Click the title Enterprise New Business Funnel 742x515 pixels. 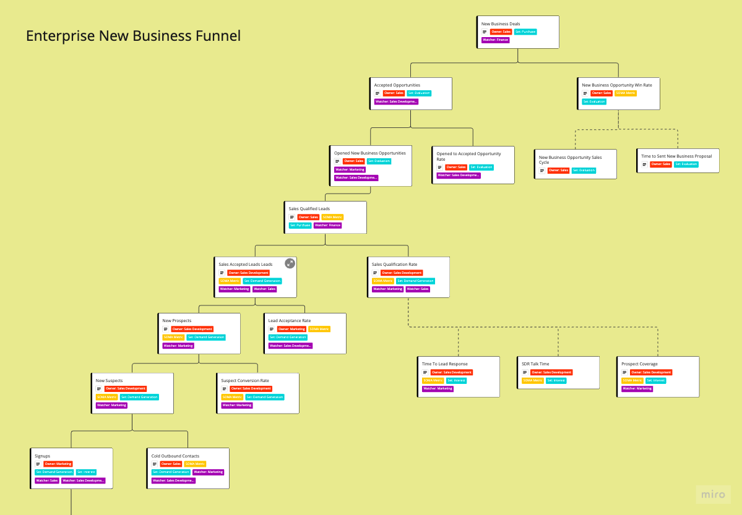click(133, 36)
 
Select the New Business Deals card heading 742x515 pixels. click(501, 24)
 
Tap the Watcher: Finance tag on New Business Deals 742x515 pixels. click(495, 40)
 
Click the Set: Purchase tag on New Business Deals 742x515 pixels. click(525, 32)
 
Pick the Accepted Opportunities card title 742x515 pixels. click(397, 85)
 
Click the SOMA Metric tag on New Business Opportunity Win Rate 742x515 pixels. click(626, 93)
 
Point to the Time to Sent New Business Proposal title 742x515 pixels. click(676, 156)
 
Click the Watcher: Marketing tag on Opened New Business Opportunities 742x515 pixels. click(350, 169)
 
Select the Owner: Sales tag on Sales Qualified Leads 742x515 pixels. click(308, 217)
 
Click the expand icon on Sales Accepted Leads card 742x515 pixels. click(290, 263)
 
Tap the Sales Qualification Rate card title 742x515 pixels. click(394, 265)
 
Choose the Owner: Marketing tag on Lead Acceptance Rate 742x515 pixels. click(291, 329)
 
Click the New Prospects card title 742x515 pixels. click(177, 321)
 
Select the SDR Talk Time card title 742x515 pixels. click(535, 364)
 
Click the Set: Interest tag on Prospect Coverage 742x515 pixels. click(655, 381)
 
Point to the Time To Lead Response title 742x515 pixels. click(444, 364)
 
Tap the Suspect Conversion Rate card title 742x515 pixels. click(244, 381)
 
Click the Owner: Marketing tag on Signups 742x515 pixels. click(58, 464)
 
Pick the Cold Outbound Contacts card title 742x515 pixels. click(175, 456)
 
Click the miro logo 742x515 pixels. click(714, 494)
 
